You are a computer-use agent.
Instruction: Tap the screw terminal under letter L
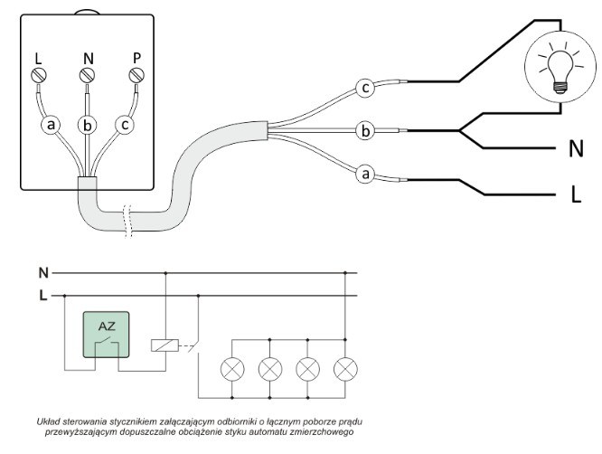pos(39,76)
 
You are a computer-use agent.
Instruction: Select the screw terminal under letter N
pos(88,76)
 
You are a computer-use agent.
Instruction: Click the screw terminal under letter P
pos(136,76)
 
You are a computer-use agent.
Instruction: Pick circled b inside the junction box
pos(88,125)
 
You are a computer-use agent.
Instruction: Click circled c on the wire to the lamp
pos(365,89)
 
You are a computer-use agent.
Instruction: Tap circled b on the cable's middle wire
pos(364,131)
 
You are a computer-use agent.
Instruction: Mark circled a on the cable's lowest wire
pos(365,173)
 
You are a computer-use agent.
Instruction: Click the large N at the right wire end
pos(575,147)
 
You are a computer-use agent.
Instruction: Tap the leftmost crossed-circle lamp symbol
pos(233,368)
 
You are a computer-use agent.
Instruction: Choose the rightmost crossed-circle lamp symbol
pos(346,368)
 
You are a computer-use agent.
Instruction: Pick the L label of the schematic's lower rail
pos(42,295)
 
